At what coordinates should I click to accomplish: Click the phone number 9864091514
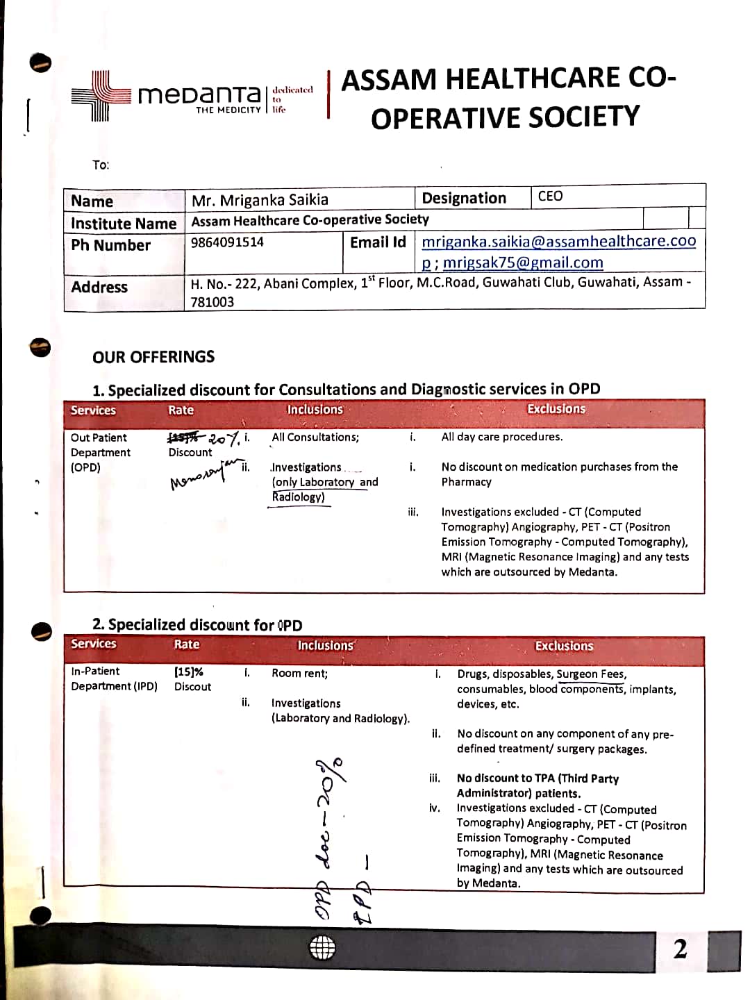(x=227, y=242)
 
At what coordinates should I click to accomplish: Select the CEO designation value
(x=550, y=197)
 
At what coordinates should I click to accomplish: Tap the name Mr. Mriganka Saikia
(x=260, y=201)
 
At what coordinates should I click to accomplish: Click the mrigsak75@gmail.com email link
(x=523, y=262)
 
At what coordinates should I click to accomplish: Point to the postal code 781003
(x=212, y=302)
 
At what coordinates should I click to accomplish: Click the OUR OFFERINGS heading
(x=153, y=357)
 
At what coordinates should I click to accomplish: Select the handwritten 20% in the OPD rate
(x=224, y=438)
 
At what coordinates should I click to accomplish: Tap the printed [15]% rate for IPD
(x=188, y=672)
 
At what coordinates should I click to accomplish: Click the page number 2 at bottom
(x=680, y=949)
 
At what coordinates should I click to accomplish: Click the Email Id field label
(x=378, y=242)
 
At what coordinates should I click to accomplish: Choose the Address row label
(x=99, y=287)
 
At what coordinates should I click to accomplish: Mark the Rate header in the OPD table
(x=181, y=410)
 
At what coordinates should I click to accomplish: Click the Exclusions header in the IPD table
(x=564, y=646)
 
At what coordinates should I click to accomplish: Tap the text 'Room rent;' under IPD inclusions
(x=299, y=673)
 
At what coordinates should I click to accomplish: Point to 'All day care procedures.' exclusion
(x=502, y=437)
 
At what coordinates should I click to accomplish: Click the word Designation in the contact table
(x=464, y=198)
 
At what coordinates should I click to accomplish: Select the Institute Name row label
(x=124, y=224)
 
